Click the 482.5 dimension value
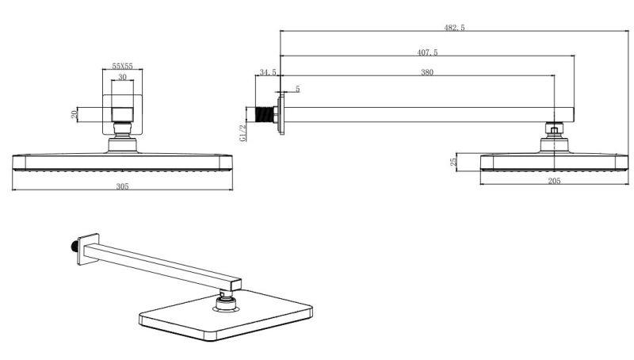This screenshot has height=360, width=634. pyautogui.click(x=454, y=27)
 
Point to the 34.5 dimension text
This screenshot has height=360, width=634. pyautogui.click(x=267, y=72)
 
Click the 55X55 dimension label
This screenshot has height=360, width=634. pyautogui.click(x=122, y=68)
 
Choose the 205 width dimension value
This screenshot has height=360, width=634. pyautogui.click(x=554, y=182)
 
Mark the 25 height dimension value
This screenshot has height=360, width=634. pyautogui.click(x=453, y=162)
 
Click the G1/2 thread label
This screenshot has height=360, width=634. pyautogui.click(x=243, y=132)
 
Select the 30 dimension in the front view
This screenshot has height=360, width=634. pyautogui.click(x=122, y=78)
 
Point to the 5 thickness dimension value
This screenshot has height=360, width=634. pyautogui.click(x=297, y=89)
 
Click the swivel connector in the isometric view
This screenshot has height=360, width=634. pyautogui.click(x=225, y=298)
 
